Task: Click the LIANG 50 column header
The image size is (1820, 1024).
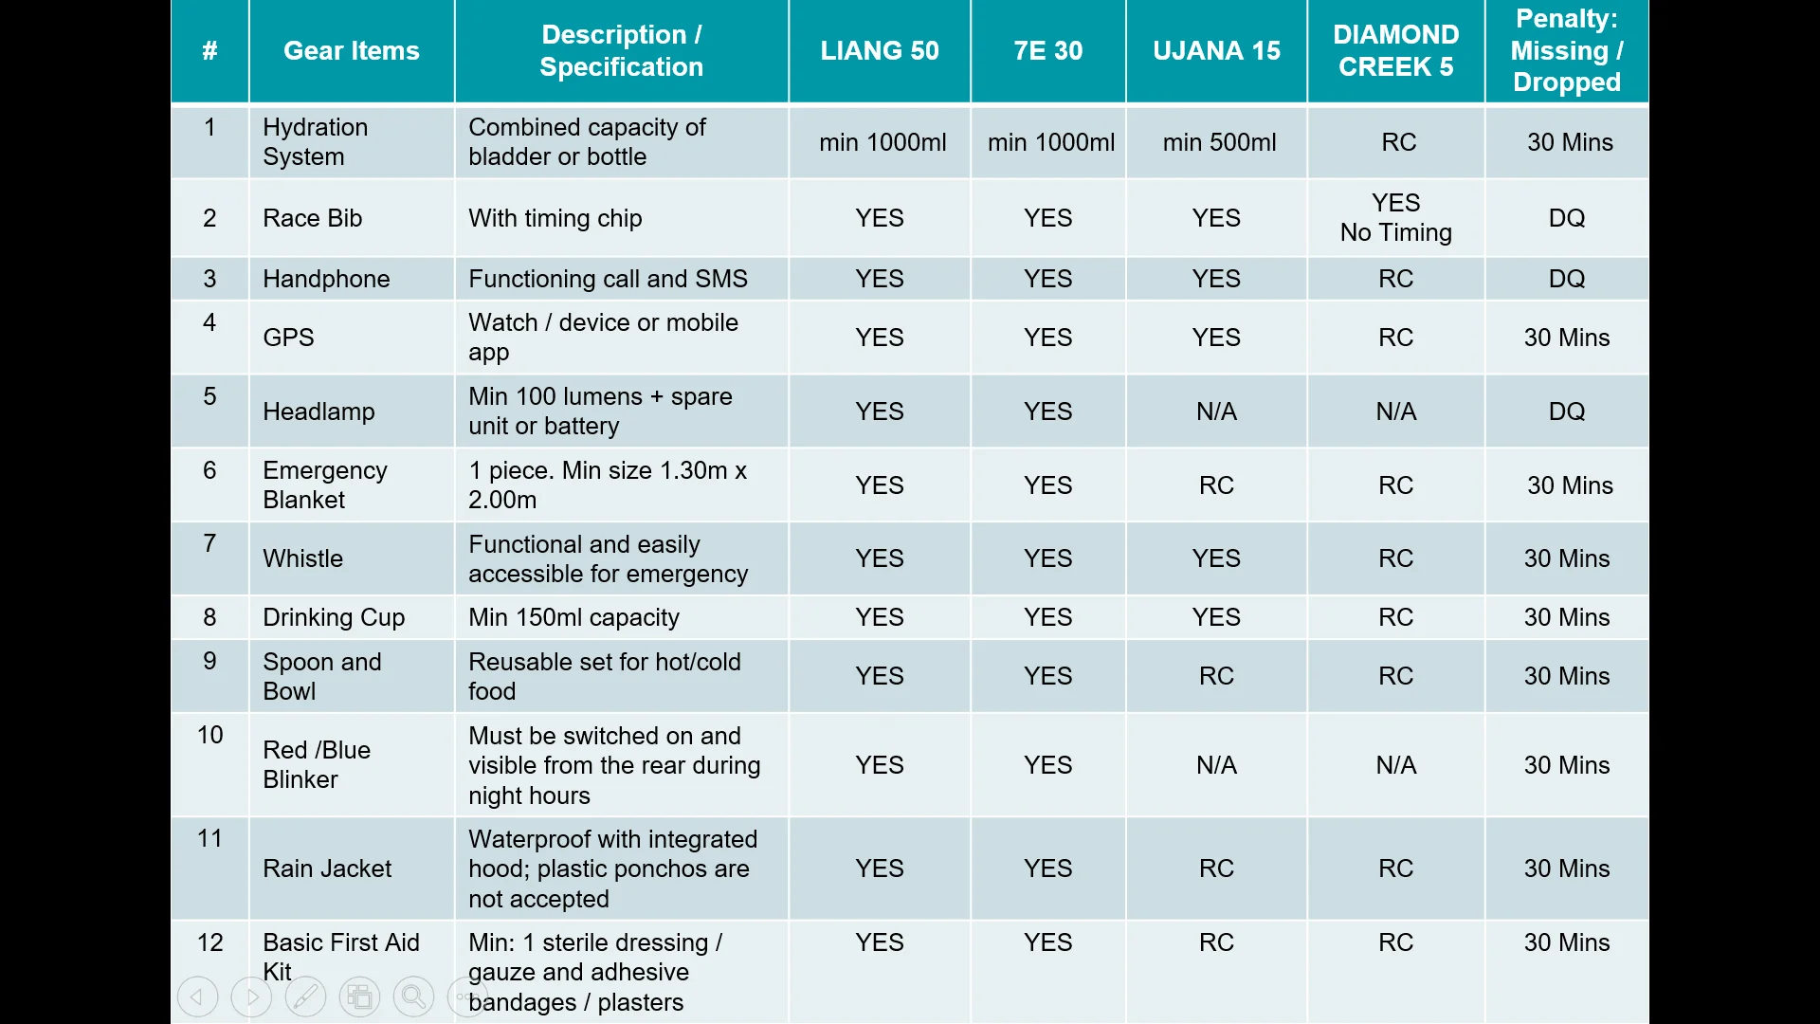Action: click(x=879, y=51)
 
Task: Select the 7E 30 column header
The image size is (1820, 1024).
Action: click(x=1047, y=51)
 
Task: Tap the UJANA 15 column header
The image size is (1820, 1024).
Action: click(x=1216, y=51)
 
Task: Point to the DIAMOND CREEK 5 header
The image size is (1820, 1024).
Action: click(x=1395, y=51)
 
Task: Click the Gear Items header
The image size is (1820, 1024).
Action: click(x=351, y=51)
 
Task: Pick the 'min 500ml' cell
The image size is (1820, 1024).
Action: click(x=1219, y=142)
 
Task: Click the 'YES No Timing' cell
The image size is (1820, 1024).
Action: click(x=1395, y=218)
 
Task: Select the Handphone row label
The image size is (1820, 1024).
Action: click(x=326, y=279)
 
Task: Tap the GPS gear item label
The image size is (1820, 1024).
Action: click(x=288, y=338)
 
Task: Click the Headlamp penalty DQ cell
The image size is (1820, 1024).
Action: click(x=1566, y=411)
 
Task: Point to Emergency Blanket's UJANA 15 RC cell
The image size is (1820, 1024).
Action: click(x=1216, y=485)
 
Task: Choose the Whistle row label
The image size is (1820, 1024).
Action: click(x=302, y=558)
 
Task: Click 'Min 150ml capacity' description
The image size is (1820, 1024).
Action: click(x=573, y=617)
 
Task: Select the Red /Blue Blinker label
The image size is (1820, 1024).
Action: click(x=316, y=765)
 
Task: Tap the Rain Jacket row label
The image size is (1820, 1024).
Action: click(x=327, y=869)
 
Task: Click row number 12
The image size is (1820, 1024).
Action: click(x=209, y=942)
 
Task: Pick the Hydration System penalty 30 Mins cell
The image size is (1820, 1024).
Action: click(x=1570, y=142)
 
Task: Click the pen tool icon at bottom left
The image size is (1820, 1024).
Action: click(x=305, y=997)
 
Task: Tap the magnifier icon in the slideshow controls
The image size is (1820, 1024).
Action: click(x=413, y=997)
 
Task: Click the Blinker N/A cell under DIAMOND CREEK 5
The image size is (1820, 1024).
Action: click(x=1395, y=765)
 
